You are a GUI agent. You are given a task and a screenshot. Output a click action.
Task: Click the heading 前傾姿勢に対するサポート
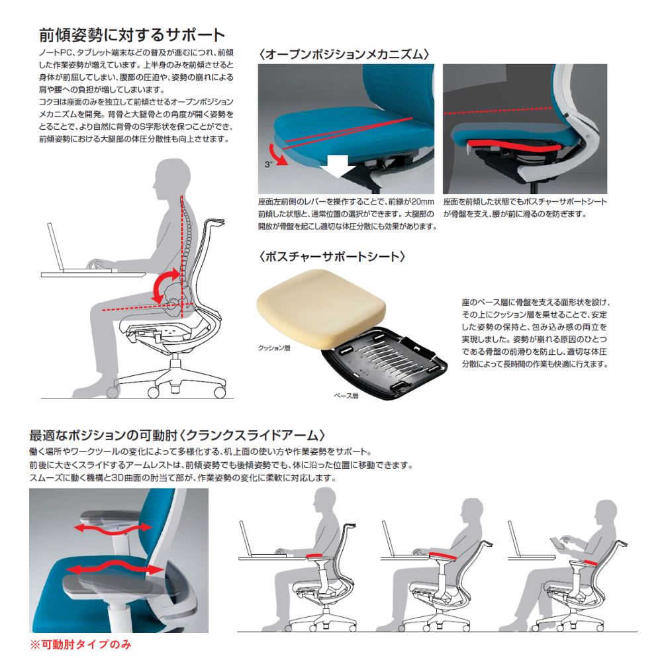coord(132,35)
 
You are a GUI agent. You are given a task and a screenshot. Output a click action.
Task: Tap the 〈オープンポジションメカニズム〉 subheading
coord(344,54)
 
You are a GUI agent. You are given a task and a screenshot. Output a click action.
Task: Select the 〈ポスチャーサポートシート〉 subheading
coord(332,256)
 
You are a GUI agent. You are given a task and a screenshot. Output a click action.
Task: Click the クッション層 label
coord(274,348)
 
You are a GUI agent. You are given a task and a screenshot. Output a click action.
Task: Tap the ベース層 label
coord(346,396)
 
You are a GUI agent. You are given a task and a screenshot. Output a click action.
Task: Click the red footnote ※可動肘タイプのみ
coord(81,645)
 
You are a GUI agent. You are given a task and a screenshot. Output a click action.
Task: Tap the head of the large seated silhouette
coord(171,177)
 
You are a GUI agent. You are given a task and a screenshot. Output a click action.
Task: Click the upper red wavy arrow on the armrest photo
coord(113,528)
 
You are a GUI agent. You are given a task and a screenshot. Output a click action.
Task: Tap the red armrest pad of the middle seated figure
coord(443,555)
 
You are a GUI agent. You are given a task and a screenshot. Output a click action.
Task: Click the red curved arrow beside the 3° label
coord(278,154)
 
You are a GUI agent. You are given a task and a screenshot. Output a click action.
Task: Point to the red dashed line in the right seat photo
coord(498,111)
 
